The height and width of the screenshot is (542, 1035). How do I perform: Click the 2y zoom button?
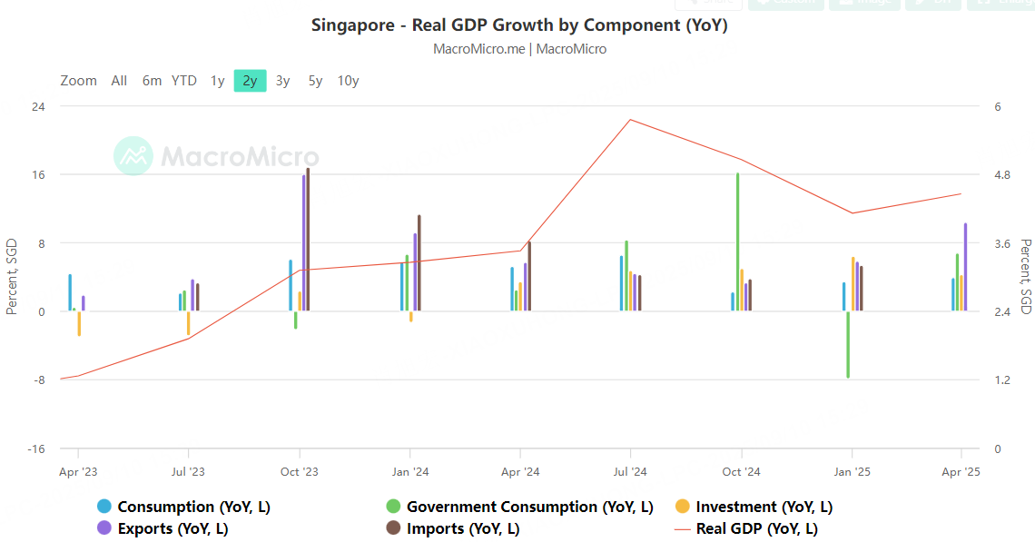click(250, 81)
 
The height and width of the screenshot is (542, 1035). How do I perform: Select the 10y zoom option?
click(348, 81)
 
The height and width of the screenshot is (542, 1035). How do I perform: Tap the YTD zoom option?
click(184, 81)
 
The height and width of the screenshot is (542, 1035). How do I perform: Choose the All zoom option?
click(119, 81)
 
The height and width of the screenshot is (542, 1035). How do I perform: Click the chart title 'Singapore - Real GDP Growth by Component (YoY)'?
click(519, 25)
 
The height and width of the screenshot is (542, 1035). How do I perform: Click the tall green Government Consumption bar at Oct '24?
click(737, 241)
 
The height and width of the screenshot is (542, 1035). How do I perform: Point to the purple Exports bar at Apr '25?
click(965, 267)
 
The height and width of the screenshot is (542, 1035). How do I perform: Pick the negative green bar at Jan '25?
click(848, 344)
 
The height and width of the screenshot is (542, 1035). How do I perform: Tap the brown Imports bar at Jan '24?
click(419, 262)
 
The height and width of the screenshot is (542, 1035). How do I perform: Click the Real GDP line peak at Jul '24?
click(630, 120)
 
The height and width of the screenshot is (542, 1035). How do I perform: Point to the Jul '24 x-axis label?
click(630, 471)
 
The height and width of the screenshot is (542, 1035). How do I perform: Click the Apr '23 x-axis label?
click(78, 471)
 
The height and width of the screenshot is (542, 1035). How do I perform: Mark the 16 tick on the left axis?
click(40, 174)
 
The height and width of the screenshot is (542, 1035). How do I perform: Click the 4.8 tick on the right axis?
click(1003, 174)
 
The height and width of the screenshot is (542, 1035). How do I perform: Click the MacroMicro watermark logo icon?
click(133, 156)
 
